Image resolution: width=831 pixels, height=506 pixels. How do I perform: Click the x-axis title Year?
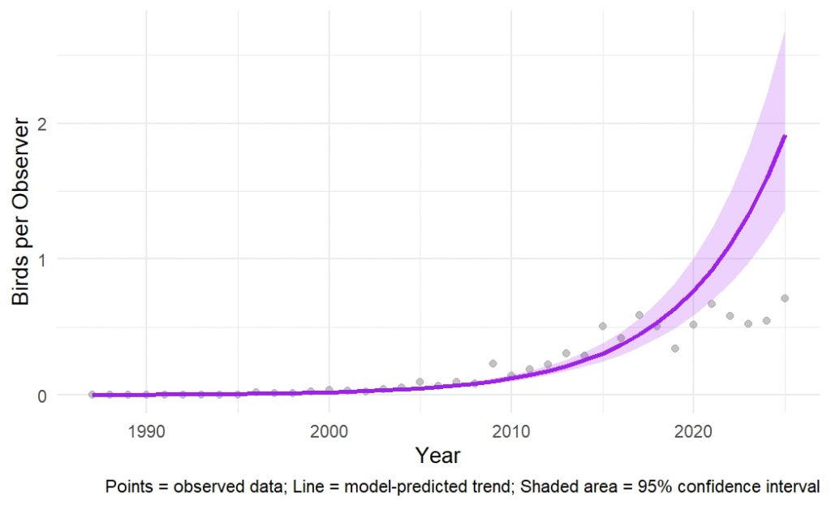(438, 455)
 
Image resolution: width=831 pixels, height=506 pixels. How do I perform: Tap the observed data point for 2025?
(785, 298)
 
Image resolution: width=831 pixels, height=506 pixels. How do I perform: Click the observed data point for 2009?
(493, 363)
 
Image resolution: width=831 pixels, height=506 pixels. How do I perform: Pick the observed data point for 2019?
(675, 348)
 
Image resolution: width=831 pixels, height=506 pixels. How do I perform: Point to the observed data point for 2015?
(602, 326)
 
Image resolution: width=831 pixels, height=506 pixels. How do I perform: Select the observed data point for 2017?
(639, 315)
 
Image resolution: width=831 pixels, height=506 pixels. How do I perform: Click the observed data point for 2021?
(712, 304)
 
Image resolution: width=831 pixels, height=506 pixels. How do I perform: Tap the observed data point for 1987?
(92, 395)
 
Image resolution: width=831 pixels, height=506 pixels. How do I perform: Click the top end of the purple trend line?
(785, 136)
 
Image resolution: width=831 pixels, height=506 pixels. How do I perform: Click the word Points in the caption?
(125, 487)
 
